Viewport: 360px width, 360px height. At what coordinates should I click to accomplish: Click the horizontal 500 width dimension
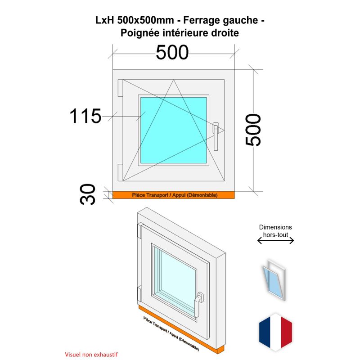(172, 53)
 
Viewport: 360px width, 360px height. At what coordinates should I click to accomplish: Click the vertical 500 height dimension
(253, 130)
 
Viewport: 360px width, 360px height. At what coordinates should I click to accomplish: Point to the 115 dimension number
(85, 116)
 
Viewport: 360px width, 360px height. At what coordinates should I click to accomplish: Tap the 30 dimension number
(87, 194)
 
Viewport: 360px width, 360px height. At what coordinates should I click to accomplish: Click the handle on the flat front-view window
(216, 137)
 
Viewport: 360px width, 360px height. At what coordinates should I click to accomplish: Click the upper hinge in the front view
(120, 88)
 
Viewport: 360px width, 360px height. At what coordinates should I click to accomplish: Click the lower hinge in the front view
(120, 172)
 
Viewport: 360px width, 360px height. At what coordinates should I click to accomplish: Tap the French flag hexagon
(275, 332)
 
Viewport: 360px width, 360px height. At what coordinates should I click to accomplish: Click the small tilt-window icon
(274, 279)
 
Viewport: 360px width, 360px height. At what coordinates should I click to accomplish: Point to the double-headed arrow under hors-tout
(275, 241)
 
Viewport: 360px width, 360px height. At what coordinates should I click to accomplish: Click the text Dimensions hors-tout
(275, 231)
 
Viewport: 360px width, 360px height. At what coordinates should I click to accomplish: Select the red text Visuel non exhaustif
(91, 355)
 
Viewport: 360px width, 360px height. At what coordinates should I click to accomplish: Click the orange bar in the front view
(174, 195)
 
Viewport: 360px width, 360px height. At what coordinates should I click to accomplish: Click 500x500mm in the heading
(145, 20)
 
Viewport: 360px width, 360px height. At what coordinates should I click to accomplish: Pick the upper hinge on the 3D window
(139, 231)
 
